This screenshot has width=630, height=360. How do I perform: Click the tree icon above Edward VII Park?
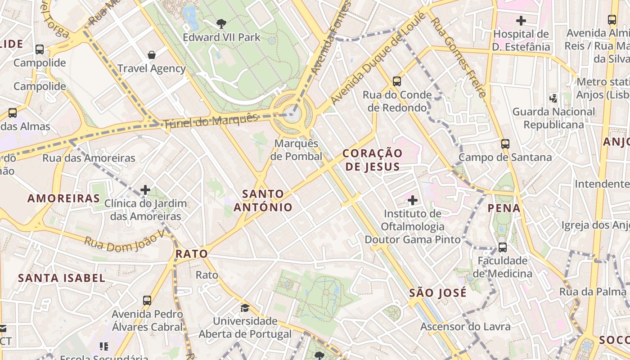[221, 23]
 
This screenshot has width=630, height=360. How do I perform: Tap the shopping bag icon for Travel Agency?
[152, 55]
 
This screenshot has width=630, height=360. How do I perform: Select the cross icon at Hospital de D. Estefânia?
[521, 21]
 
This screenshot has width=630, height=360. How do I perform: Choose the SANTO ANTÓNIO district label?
[263, 201]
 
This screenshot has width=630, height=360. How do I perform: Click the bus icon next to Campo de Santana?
[505, 144]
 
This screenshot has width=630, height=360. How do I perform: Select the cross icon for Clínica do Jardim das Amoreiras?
[145, 190]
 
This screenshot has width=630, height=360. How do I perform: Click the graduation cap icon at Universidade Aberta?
[245, 308]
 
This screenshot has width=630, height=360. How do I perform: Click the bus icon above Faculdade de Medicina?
[502, 247]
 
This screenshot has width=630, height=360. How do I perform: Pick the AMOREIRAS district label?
[63, 198]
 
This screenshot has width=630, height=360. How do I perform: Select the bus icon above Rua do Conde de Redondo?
[396, 81]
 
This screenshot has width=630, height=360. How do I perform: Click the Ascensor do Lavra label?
[465, 327]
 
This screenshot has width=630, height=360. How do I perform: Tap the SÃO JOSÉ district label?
[438, 293]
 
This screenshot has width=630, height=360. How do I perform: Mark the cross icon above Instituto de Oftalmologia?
[412, 200]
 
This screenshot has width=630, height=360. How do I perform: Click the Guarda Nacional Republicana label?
[553, 118]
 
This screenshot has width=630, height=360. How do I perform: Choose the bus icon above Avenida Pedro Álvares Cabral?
[147, 301]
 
